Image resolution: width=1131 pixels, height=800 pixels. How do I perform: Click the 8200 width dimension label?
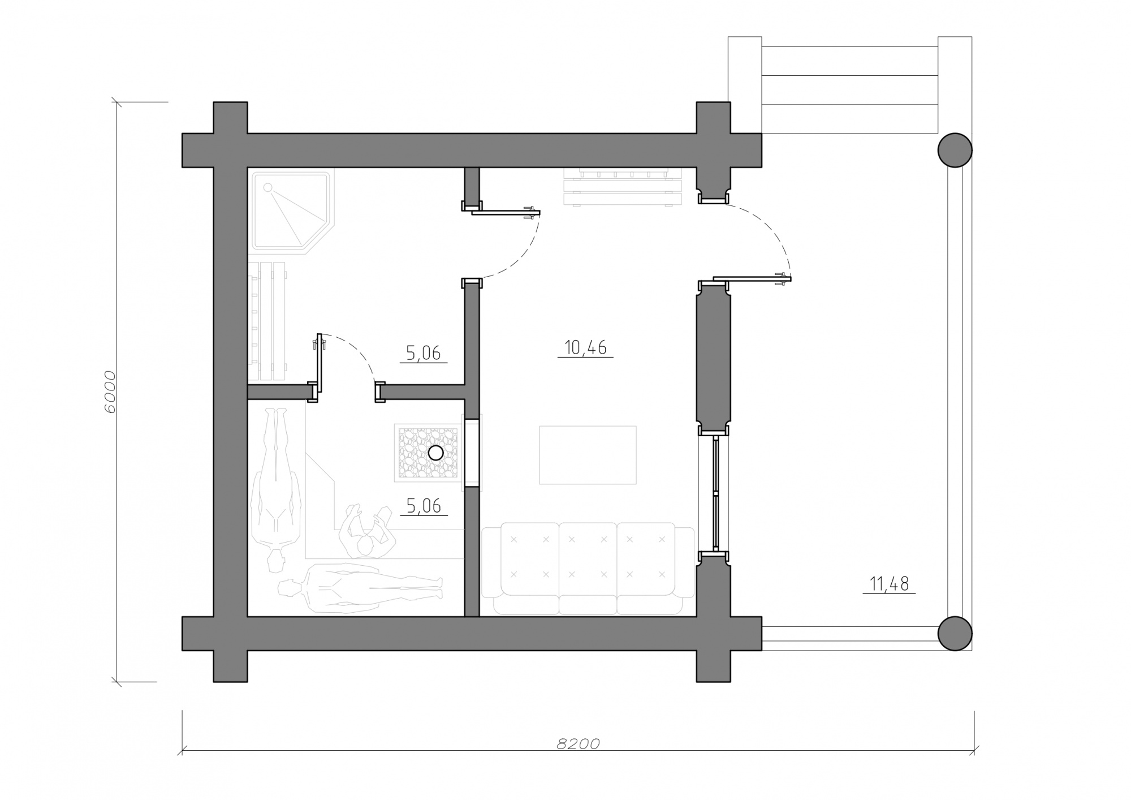(x=578, y=743)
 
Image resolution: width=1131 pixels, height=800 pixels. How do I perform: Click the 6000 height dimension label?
(x=110, y=392)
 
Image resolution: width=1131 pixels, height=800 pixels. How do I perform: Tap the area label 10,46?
(x=585, y=347)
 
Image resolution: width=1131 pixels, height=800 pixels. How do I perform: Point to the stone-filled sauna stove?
(x=428, y=453)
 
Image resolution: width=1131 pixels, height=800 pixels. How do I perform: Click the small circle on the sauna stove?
(x=435, y=453)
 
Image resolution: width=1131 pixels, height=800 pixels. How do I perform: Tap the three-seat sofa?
(x=588, y=569)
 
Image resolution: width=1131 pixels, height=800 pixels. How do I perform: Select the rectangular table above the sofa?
(x=588, y=455)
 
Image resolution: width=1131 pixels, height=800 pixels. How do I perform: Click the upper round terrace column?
(x=955, y=150)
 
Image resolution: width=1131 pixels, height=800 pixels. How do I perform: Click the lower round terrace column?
(x=955, y=634)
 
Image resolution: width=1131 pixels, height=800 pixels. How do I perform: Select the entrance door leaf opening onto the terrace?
(x=752, y=278)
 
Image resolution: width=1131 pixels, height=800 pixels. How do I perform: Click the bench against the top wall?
(x=622, y=186)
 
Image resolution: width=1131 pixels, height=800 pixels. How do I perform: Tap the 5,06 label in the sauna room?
(x=424, y=506)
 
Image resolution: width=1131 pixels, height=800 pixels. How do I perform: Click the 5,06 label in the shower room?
(x=424, y=353)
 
